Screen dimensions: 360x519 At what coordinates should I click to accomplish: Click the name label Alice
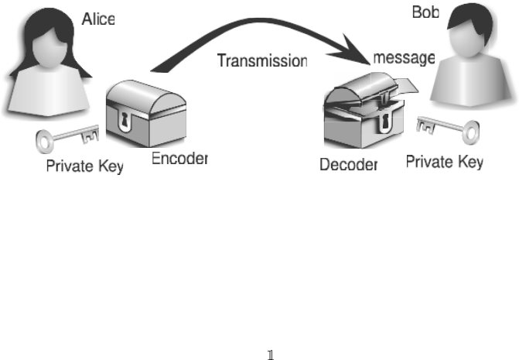pos(98,19)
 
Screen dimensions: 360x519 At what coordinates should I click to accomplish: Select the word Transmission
pos(262,60)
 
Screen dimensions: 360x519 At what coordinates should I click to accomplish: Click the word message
pos(404,58)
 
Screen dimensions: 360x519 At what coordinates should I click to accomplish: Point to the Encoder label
pos(179,159)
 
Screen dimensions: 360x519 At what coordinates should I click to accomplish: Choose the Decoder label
pos(349,164)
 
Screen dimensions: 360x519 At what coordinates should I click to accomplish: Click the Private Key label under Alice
pos(84,166)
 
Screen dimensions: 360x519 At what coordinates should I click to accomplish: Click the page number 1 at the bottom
pos(270,355)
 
